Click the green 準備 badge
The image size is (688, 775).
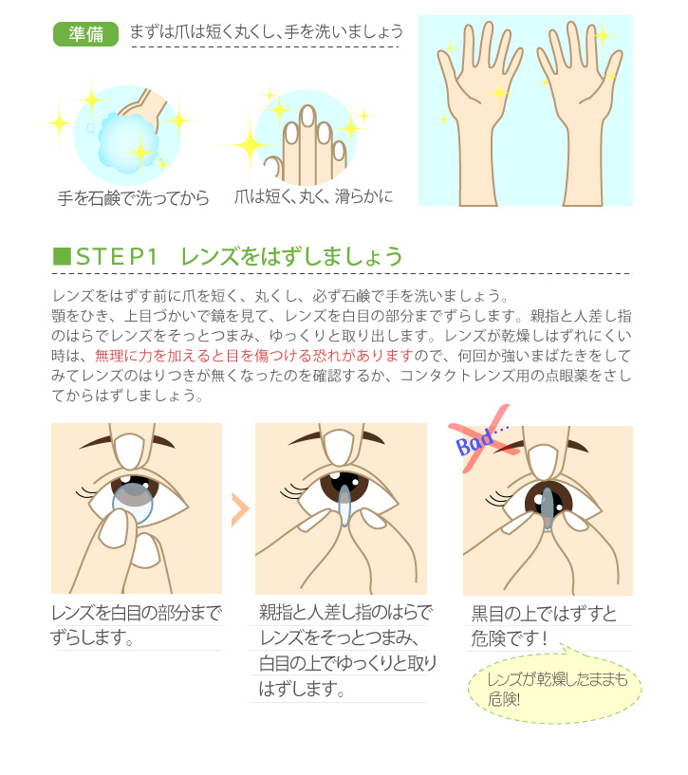click(85, 34)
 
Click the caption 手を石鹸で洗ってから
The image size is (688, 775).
click(133, 198)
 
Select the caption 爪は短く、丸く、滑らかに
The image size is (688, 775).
click(313, 196)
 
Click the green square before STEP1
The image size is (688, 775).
click(62, 256)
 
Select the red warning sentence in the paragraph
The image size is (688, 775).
click(254, 356)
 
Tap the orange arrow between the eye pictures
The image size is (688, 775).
click(240, 508)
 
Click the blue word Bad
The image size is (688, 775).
click(474, 442)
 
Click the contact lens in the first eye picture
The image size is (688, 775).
click(133, 503)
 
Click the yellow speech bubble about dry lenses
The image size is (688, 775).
click(554, 687)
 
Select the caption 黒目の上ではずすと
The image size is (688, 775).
click(544, 614)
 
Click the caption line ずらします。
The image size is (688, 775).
click(92, 637)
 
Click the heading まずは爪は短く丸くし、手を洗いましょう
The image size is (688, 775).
click(267, 32)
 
